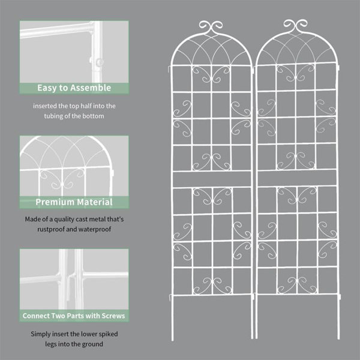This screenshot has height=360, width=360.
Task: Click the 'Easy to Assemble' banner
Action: [x=74, y=88]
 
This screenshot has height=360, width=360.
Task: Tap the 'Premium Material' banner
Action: [x=74, y=202]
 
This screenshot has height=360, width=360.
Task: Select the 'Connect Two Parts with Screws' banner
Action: [x=74, y=316]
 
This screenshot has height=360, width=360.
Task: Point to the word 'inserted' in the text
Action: [x=47, y=106]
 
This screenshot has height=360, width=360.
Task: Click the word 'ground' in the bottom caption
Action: [x=91, y=344]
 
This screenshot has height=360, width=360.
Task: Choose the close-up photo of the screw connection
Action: [x=74, y=279]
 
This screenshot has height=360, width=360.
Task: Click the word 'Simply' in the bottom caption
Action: [x=41, y=334]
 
